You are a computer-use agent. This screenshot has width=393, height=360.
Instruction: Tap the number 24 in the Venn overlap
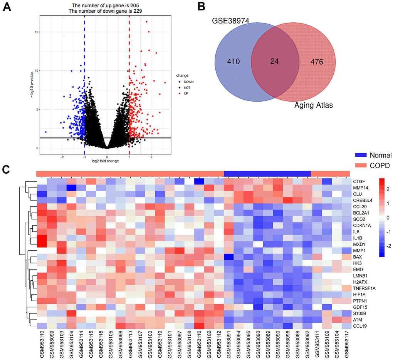pos(275,61)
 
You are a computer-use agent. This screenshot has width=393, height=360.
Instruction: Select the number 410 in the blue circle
pos(235,61)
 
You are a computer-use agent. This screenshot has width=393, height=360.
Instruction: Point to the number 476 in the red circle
pos(314,61)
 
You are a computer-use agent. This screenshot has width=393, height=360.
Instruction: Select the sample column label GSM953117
pos(345,345)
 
